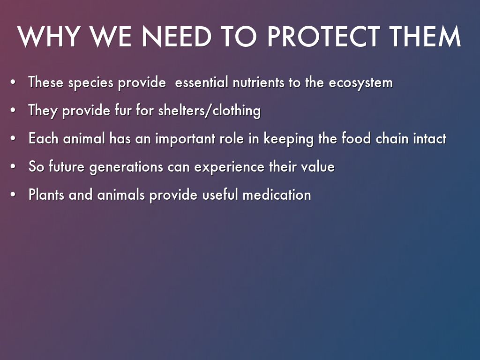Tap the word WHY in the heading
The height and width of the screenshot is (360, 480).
coord(49,37)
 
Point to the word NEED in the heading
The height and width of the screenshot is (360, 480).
coord(176,37)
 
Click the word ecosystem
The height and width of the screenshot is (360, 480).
coord(360,83)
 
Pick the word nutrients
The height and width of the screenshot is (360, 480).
coord(258,82)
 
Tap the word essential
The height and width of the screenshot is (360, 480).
coord(202,82)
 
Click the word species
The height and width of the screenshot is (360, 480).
coord(90,83)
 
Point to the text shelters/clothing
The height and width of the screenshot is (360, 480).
coord(210,111)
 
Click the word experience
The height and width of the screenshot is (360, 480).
coord(229,167)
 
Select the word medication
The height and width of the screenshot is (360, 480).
coord(277,195)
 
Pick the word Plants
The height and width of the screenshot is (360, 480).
coord(46,195)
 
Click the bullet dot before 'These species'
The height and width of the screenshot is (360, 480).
coord(13,82)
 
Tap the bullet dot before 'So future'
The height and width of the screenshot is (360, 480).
coord(13,167)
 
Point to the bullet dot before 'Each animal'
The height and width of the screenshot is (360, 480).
coord(13,139)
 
